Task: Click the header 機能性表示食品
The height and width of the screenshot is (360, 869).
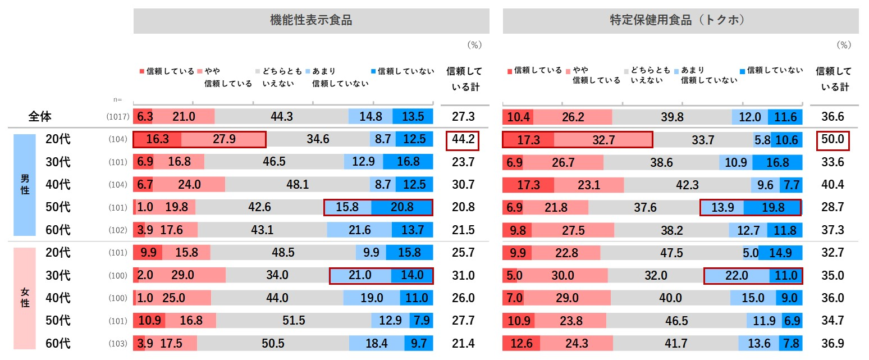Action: pos(311,21)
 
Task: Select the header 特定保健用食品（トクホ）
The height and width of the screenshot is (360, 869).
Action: pos(680,21)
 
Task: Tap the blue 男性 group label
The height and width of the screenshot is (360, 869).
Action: pos(25,184)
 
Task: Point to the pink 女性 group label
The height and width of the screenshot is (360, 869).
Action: pos(25,298)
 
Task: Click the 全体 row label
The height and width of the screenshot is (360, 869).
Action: pos(40,117)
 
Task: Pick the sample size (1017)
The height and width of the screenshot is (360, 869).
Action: pos(118,117)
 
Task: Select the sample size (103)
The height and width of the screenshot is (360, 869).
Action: pos(118,343)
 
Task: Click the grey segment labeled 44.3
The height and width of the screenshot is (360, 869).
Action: pos(281,117)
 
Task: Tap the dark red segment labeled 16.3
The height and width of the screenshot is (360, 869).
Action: pos(157,139)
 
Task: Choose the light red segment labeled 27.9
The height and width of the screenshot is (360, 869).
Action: pos(223,139)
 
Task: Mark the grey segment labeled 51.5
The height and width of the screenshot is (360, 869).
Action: pos(294,321)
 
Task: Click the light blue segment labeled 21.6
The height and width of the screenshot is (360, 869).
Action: pos(360,230)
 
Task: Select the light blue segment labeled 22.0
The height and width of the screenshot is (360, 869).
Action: pos(737,275)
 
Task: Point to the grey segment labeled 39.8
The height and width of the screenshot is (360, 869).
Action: pos(672,117)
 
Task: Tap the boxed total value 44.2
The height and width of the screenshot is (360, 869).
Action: pos(463,139)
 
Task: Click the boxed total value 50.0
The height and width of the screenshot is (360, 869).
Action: pos(833,139)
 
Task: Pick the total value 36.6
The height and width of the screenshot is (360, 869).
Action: pos(833,117)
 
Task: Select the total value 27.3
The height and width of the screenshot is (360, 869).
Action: pos(463,117)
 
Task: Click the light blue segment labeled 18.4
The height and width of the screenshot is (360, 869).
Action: pos(376,343)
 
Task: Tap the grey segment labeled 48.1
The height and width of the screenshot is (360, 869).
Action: pos(298,184)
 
